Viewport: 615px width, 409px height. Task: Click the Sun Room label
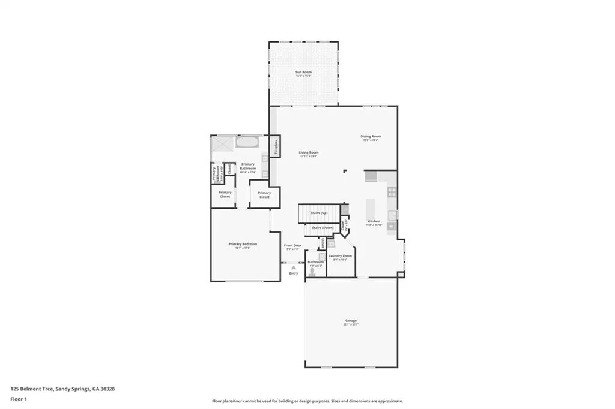(x=303, y=73)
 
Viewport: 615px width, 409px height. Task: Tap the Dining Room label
(x=371, y=137)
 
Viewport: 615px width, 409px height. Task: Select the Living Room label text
(x=309, y=153)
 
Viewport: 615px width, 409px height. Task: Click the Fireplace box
(x=276, y=146)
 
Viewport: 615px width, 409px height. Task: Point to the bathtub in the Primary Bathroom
(x=246, y=143)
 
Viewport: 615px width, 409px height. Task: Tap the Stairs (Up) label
(x=319, y=213)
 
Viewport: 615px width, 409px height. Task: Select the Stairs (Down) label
(x=322, y=228)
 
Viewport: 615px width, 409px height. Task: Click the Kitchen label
(x=374, y=221)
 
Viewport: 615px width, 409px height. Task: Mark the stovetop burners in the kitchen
(x=392, y=192)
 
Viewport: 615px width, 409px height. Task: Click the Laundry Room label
(x=340, y=257)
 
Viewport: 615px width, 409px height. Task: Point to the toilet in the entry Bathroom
(x=312, y=271)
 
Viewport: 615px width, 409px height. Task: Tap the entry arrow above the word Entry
(x=294, y=267)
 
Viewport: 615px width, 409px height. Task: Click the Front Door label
(x=292, y=246)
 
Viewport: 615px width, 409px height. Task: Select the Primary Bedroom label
(x=243, y=244)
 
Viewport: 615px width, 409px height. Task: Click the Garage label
(x=351, y=321)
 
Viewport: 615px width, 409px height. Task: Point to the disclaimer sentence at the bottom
(x=307, y=401)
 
